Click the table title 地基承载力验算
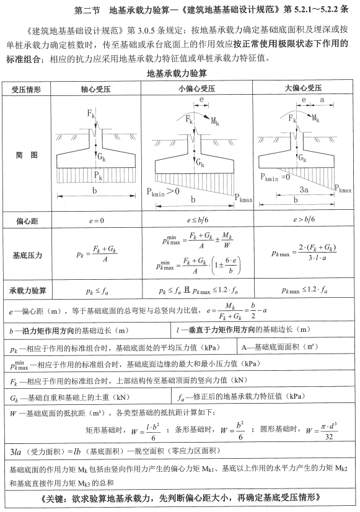pos(179,74)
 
